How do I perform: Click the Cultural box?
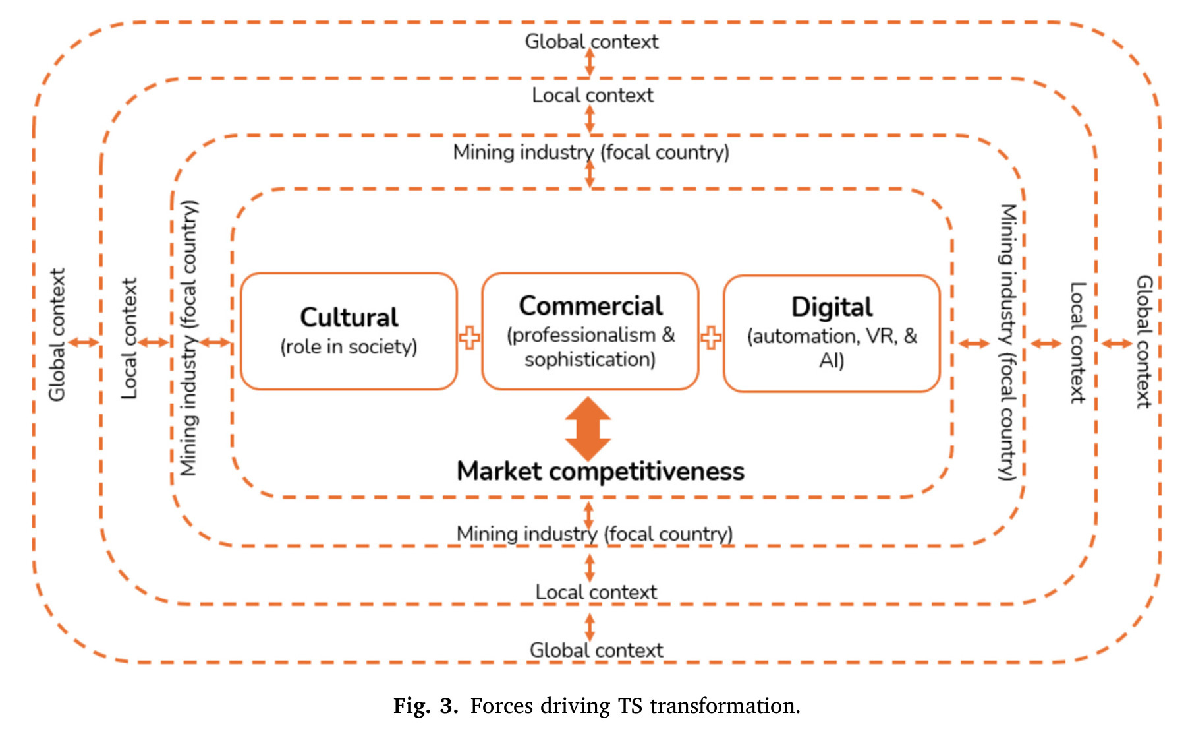click(x=349, y=331)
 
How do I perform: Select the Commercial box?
click(x=590, y=331)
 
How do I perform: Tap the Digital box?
click(x=832, y=333)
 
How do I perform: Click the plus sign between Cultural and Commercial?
click(x=470, y=338)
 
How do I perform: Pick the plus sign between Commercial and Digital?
click(x=711, y=338)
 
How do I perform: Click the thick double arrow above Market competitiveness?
click(x=588, y=429)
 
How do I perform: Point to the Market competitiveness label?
click(x=600, y=472)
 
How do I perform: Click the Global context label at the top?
click(x=591, y=42)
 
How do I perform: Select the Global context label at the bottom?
click(x=596, y=650)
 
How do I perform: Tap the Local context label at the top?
click(x=592, y=96)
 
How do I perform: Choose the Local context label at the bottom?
click(x=596, y=592)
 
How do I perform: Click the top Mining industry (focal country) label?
click(x=591, y=152)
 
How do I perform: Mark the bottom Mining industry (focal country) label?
click(x=594, y=534)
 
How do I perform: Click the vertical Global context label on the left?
click(x=57, y=334)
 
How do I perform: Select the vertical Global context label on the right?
click(x=1143, y=341)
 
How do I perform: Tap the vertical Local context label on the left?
click(x=129, y=338)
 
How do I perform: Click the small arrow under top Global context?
click(x=590, y=63)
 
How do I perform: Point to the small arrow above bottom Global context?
click(x=590, y=627)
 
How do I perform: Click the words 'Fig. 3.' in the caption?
click(x=426, y=706)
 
